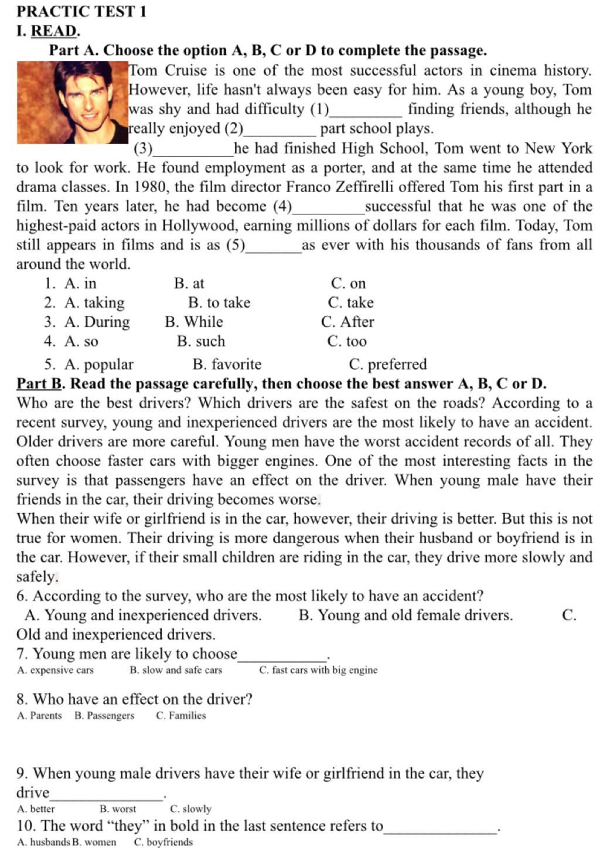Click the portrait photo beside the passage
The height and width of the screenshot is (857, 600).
(72, 103)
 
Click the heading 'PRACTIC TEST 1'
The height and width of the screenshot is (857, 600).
(81, 11)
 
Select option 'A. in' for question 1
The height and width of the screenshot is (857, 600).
(80, 284)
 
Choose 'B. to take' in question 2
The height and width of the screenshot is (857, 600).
(219, 303)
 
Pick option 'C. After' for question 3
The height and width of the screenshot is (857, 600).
(347, 322)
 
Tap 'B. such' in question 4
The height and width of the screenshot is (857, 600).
(201, 342)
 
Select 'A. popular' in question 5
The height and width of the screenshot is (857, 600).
(99, 364)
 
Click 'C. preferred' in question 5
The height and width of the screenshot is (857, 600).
(387, 364)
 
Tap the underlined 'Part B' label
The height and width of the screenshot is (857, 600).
(39, 384)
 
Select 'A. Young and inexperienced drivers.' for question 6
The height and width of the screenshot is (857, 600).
(143, 615)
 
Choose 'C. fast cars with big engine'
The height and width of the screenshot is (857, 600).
(318, 670)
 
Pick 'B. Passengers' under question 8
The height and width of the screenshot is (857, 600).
(104, 716)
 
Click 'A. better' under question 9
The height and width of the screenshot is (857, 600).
(36, 809)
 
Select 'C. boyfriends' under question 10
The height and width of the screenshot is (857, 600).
(163, 842)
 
